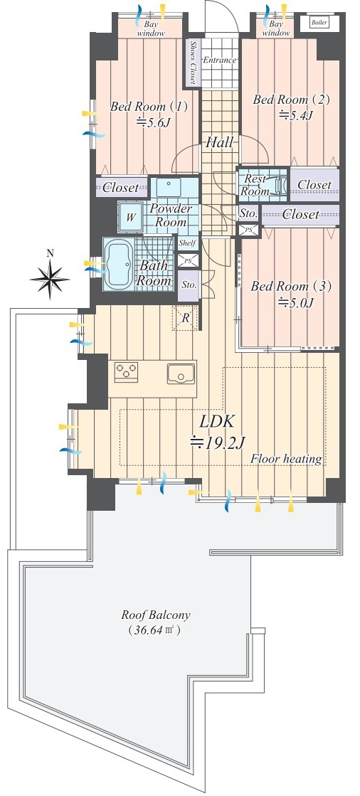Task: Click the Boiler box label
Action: (x=318, y=23)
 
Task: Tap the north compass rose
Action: (x=49, y=278)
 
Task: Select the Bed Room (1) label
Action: (x=149, y=107)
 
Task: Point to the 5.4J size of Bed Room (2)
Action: (x=295, y=115)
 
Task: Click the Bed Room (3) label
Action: (x=291, y=287)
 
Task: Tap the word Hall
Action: (x=219, y=143)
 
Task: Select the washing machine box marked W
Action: (x=131, y=217)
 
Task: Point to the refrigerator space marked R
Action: (x=185, y=318)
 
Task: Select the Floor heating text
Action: (x=287, y=460)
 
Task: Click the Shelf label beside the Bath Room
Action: (x=187, y=243)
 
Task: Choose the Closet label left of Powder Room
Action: (x=120, y=187)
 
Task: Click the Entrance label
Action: (x=219, y=60)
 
